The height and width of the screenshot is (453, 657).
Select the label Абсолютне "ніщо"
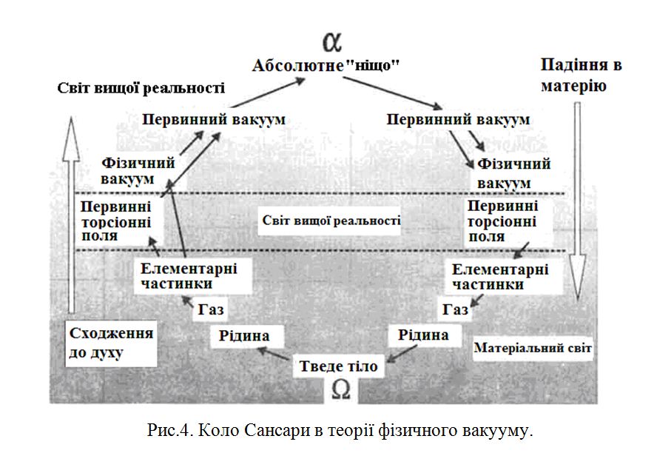pos(326,65)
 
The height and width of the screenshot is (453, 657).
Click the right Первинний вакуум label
pos(459,119)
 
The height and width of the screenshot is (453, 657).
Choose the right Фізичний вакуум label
pos(514,172)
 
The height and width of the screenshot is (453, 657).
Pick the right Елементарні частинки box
pos(500,276)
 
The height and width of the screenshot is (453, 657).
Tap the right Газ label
pos(454,309)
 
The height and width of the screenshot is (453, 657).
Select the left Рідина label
pos(243,336)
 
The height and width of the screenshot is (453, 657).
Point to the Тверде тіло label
pos(339,366)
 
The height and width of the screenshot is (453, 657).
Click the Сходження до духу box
pos(110,342)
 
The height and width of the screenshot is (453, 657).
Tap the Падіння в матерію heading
pos(582,75)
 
